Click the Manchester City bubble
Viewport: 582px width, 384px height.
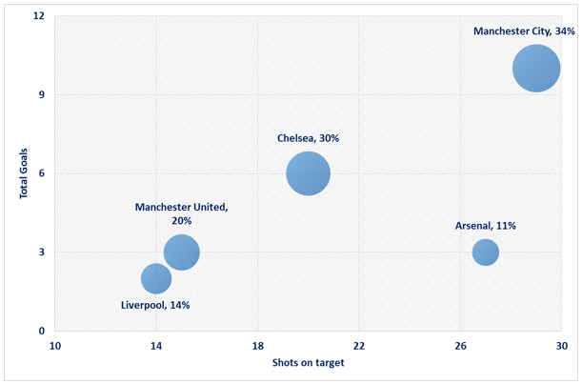[x=536, y=69]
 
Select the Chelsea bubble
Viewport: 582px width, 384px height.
[x=308, y=173]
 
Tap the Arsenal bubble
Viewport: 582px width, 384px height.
[x=486, y=253]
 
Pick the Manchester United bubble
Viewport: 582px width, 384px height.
[x=181, y=253]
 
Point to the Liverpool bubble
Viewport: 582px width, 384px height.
[x=156, y=278]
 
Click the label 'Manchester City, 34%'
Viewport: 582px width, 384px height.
[x=524, y=31]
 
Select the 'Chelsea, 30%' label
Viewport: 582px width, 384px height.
[x=308, y=138]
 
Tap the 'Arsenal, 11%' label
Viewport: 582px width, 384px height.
[x=486, y=227]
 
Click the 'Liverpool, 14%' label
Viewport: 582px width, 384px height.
[x=155, y=306]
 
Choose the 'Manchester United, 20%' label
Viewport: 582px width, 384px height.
[x=181, y=213]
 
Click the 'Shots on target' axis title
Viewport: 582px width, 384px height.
[x=308, y=363]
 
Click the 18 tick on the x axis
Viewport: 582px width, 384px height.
[x=257, y=344]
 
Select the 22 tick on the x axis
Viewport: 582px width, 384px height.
[x=359, y=344]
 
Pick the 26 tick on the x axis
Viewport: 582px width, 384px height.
[x=460, y=344]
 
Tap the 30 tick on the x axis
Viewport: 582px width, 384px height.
[x=561, y=344]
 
